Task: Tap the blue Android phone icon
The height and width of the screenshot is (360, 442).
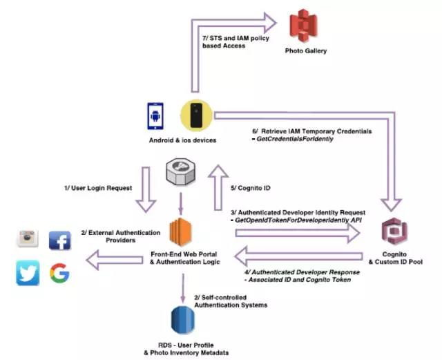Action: pyautogui.click(x=155, y=115)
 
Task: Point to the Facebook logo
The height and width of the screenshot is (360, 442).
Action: pyautogui.click(x=60, y=240)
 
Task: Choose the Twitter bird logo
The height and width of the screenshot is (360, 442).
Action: pyautogui.click(x=28, y=274)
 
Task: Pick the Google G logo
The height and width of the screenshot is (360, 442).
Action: pyautogui.click(x=60, y=274)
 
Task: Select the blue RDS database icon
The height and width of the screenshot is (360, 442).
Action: pyautogui.click(x=183, y=321)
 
